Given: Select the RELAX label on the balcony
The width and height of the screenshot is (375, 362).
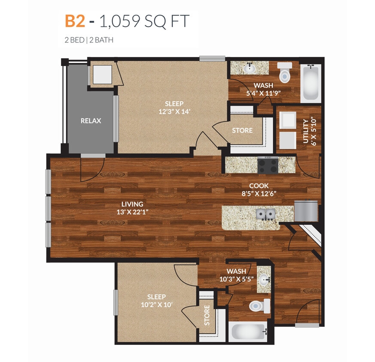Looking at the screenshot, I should [91, 121].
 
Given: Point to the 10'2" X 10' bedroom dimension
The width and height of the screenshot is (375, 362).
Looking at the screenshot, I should [156, 305].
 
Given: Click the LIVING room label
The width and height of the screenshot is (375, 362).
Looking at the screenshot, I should [132, 204].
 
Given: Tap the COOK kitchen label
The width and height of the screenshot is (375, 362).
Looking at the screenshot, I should [259, 186].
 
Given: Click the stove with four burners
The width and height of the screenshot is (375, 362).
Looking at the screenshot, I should [267, 165].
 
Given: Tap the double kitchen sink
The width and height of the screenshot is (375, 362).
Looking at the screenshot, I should [265, 214].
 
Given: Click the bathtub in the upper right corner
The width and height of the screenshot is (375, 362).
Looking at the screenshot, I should [310, 83].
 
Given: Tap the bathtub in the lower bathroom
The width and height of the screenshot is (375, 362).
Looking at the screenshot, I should [248, 331].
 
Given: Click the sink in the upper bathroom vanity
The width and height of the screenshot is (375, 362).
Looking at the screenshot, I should [249, 68].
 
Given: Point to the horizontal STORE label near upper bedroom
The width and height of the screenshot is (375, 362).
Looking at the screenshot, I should [242, 130].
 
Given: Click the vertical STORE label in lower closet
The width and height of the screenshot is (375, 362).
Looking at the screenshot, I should [207, 315].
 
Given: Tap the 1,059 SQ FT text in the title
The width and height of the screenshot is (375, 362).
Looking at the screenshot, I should [145, 21].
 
